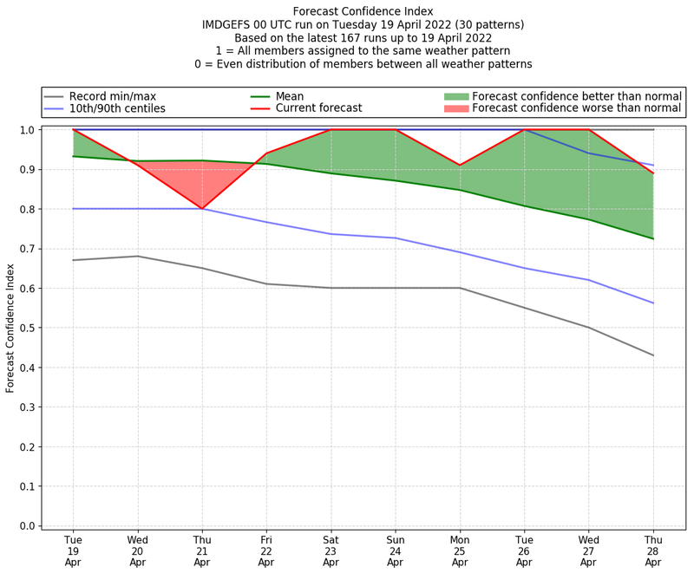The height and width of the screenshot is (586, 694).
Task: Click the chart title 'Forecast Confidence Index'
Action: coord(363,11)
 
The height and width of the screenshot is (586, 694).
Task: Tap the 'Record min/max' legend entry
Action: coord(113,96)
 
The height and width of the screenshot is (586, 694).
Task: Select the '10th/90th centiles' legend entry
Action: coord(117,109)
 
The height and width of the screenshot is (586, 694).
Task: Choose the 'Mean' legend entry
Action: coord(313,96)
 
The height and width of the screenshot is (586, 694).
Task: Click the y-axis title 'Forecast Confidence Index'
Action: coord(10,328)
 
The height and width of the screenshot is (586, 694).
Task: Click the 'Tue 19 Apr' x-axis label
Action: coord(73,550)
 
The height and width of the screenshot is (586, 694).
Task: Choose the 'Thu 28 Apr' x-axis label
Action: coord(653,550)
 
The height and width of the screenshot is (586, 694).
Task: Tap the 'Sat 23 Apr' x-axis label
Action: coord(331,550)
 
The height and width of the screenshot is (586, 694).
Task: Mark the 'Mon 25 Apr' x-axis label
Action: coord(460,550)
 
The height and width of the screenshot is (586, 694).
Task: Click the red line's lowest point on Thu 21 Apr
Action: coord(202,209)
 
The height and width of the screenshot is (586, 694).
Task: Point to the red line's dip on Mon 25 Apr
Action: coord(460,165)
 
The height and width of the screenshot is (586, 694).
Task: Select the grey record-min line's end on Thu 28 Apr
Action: coord(653,355)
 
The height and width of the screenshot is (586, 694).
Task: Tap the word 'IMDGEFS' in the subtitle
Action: coord(228,25)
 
